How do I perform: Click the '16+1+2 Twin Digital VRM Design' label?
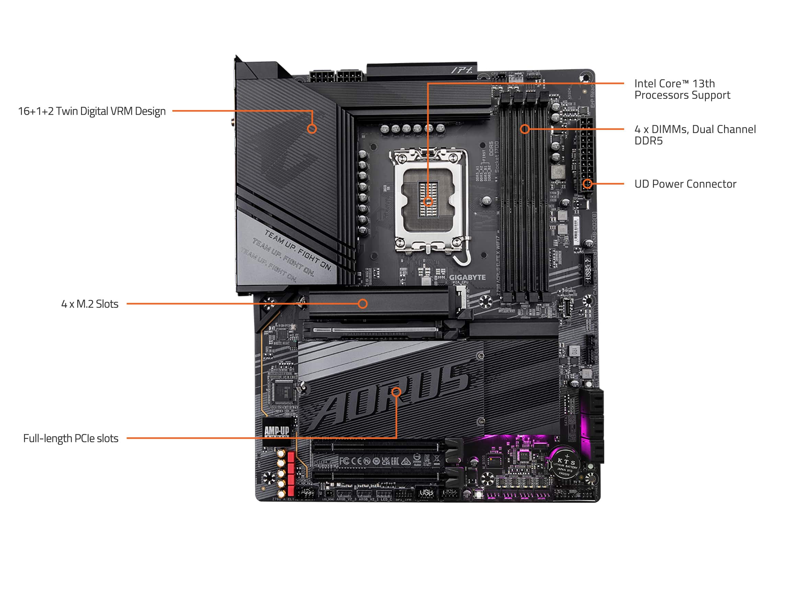click(92, 111)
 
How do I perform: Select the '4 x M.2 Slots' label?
click(89, 304)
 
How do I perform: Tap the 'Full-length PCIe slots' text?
click(70, 438)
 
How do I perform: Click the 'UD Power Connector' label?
click(685, 184)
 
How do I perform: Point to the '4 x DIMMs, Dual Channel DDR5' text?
click(695, 135)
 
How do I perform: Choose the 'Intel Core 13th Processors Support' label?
click(681, 89)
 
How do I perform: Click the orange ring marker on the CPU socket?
click(428, 201)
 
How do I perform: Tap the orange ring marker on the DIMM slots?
click(525, 129)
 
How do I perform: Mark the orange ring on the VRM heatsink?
click(312, 129)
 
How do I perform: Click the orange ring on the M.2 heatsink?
click(363, 304)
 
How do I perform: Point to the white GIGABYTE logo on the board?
click(467, 277)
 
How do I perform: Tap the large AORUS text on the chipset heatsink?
click(390, 401)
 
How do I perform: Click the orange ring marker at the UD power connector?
click(587, 184)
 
